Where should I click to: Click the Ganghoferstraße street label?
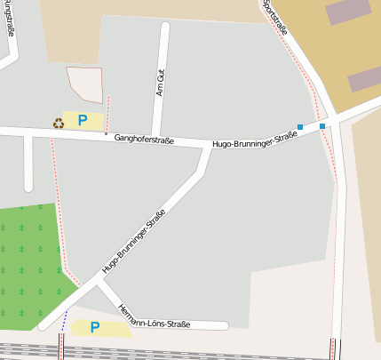pos(144,139)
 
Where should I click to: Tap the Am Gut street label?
pos(161,83)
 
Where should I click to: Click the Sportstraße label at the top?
pos(276,18)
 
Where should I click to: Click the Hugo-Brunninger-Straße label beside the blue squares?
pos(255,140)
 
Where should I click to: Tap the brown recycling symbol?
pos(59,123)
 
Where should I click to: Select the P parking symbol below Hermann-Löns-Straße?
pos(95,328)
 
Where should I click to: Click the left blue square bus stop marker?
pos(300,127)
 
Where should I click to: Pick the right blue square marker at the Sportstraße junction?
pos(322,126)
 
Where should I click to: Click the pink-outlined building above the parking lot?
pos(84,84)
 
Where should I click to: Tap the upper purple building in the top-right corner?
pos(348,12)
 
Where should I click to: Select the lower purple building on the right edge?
pos(364,79)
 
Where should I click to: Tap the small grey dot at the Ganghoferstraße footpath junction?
pos(106,134)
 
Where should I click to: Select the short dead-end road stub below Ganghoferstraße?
pos(28,164)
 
